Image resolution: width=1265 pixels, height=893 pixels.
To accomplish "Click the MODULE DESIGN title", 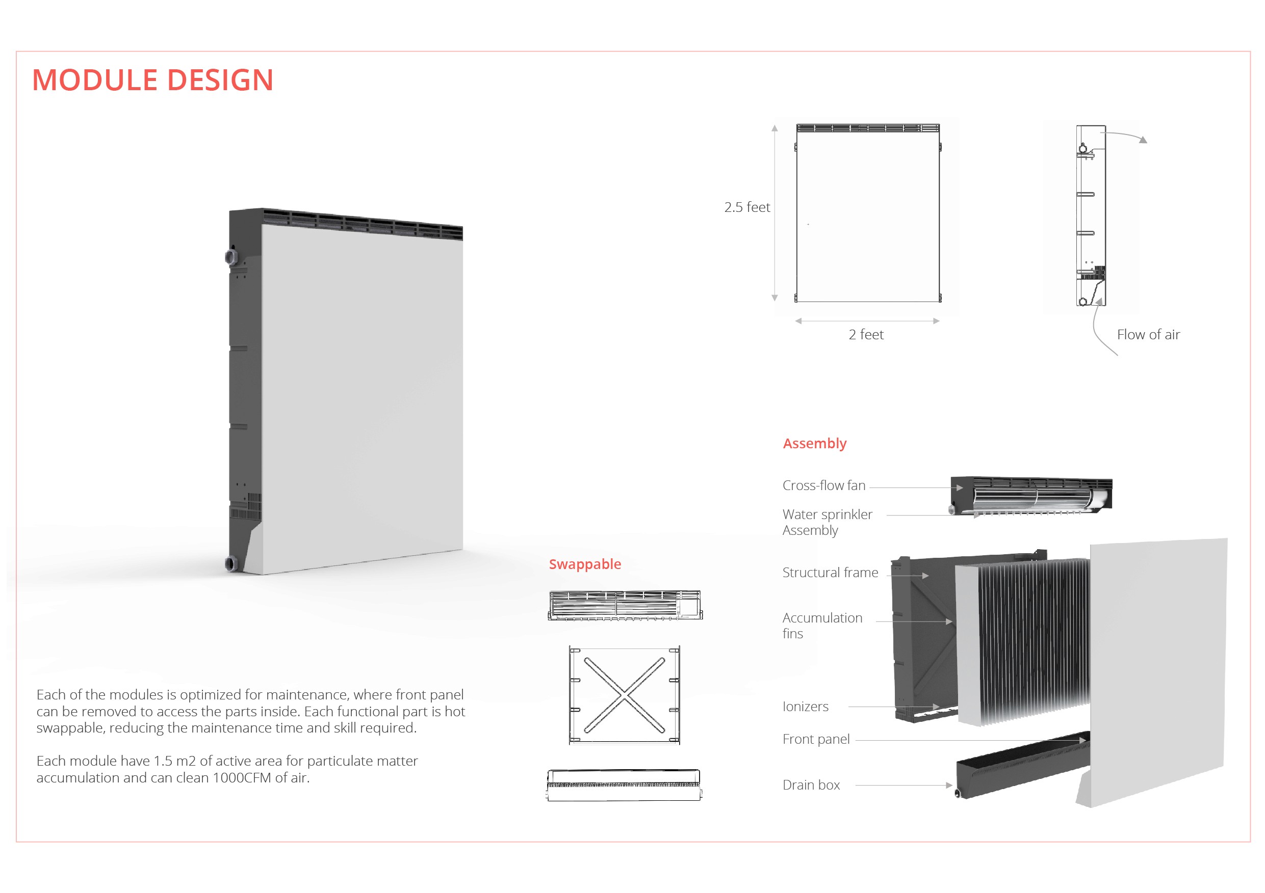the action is [x=152, y=80].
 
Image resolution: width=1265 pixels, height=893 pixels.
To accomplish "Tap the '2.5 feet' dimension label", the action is [x=746, y=207].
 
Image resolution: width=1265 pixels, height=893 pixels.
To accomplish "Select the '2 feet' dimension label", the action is [x=866, y=335].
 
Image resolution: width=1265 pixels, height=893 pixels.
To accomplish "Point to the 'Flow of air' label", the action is [x=1148, y=335].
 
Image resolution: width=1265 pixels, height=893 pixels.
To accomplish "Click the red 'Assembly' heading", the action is [x=814, y=444].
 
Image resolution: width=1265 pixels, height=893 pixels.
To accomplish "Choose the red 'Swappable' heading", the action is [x=584, y=564].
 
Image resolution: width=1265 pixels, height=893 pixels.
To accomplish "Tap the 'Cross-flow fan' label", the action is [x=823, y=485].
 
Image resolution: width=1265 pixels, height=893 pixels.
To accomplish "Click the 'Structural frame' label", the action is [x=830, y=573].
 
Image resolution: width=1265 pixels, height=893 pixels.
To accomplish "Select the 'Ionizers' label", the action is [x=805, y=707].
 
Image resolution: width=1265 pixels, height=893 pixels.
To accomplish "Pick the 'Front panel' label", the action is [x=816, y=739].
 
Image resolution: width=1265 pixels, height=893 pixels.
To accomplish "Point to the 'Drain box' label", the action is [x=811, y=785].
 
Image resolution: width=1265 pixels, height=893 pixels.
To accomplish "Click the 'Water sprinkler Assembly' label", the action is [x=827, y=523].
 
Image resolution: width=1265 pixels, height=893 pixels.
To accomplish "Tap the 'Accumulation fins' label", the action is [x=821, y=626].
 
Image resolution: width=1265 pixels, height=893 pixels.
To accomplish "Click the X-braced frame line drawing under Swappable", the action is [x=624, y=695].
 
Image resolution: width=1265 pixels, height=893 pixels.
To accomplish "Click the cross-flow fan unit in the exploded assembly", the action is [x=1030, y=495].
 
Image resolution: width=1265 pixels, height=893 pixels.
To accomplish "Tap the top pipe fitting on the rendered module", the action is [x=230, y=257].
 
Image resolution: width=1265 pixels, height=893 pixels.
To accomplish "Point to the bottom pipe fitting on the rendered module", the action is [x=230, y=563].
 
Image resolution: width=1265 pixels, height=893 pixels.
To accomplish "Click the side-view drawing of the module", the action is [x=1090, y=215].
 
